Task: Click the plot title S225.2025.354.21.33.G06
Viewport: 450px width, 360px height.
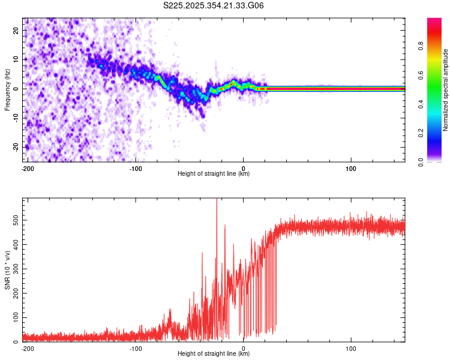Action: [x=214, y=6]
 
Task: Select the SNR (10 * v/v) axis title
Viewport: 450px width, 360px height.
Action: [x=7, y=270]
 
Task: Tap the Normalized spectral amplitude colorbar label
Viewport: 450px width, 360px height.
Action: [x=445, y=90]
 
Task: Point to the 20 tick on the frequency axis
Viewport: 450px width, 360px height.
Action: [x=17, y=30]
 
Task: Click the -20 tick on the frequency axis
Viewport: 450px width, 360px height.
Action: [x=16, y=147]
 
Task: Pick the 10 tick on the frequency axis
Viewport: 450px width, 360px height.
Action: [x=17, y=59]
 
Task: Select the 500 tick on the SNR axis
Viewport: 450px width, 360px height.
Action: [x=14, y=220]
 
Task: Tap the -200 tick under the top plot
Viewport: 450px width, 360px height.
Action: [x=26, y=167]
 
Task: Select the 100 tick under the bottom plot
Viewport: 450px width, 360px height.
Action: [x=351, y=347]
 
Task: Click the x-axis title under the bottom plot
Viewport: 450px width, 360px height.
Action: [x=214, y=354]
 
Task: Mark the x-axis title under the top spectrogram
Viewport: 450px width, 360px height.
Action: [x=214, y=174]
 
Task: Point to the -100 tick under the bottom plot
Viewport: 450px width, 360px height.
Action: [x=136, y=347]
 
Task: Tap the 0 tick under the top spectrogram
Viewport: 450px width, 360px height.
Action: [x=244, y=167]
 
